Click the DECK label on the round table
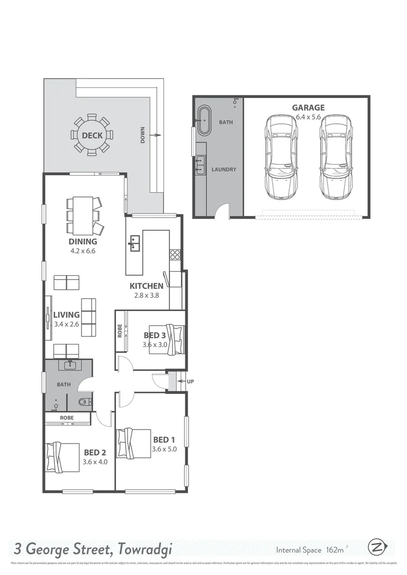point(92,135)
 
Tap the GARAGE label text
point(308,108)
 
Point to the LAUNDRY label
point(224,169)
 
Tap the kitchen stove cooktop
point(175,254)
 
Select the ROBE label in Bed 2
point(67,418)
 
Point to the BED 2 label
point(95,453)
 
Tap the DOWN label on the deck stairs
point(143,136)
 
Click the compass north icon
point(376,547)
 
